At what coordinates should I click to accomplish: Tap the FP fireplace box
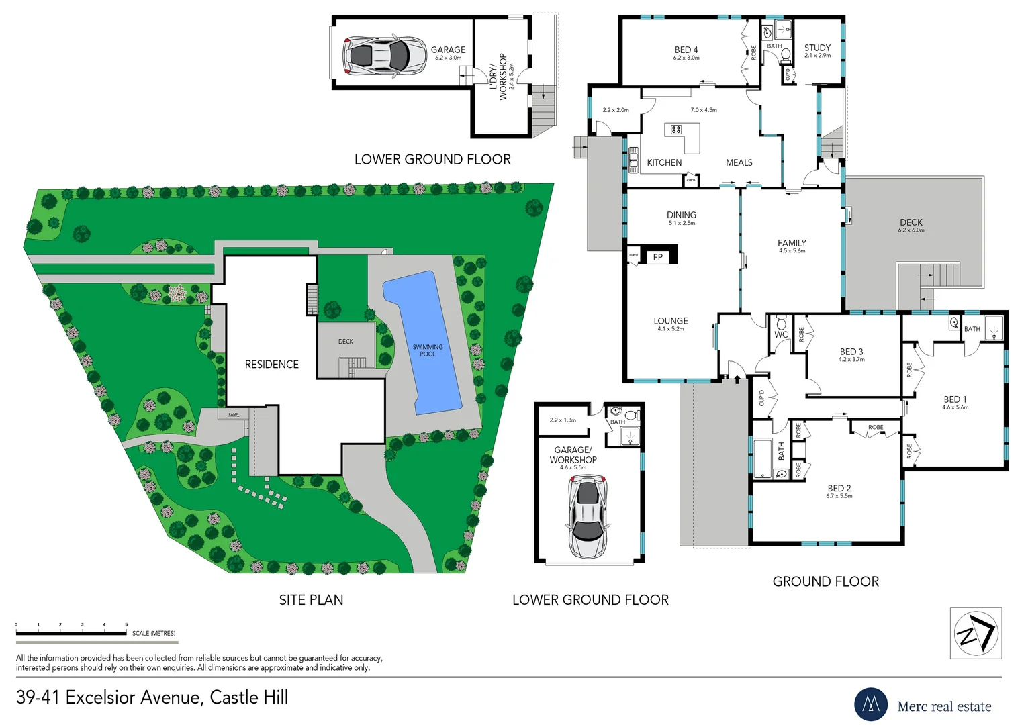[x=658, y=256]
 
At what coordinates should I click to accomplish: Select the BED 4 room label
[x=686, y=50]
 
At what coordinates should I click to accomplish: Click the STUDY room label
[x=817, y=48]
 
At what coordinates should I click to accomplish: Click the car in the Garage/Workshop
[x=588, y=516]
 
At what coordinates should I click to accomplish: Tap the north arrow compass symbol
[x=976, y=633]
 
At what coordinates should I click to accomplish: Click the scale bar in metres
[x=71, y=632]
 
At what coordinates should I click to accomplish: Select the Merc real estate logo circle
[x=871, y=704]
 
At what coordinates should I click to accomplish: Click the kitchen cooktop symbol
[x=675, y=130]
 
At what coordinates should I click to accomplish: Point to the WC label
[x=781, y=334]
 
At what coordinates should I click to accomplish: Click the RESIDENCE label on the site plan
[x=271, y=364]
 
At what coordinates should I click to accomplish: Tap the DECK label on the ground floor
[x=911, y=222]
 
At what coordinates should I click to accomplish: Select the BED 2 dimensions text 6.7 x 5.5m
[x=839, y=496]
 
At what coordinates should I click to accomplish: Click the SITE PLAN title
[x=311, y=600]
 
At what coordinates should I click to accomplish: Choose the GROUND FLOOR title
[x=825, y=581]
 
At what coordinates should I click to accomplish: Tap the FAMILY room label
[x=792, y=243]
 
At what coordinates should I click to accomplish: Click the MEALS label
[x=739, y=162]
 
